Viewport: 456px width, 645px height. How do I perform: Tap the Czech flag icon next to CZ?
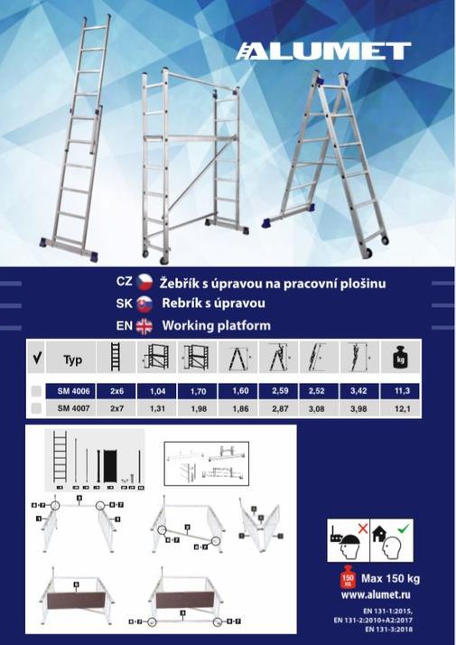pos(144,283)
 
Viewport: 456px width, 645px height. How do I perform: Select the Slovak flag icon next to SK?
pos(144,304)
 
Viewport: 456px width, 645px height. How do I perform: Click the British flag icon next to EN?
pos(144,326)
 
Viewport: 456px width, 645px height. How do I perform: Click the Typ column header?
pos(73,359)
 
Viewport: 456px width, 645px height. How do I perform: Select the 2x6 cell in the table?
pos(116,391)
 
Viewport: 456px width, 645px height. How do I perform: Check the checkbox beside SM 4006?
pos(35,391)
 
